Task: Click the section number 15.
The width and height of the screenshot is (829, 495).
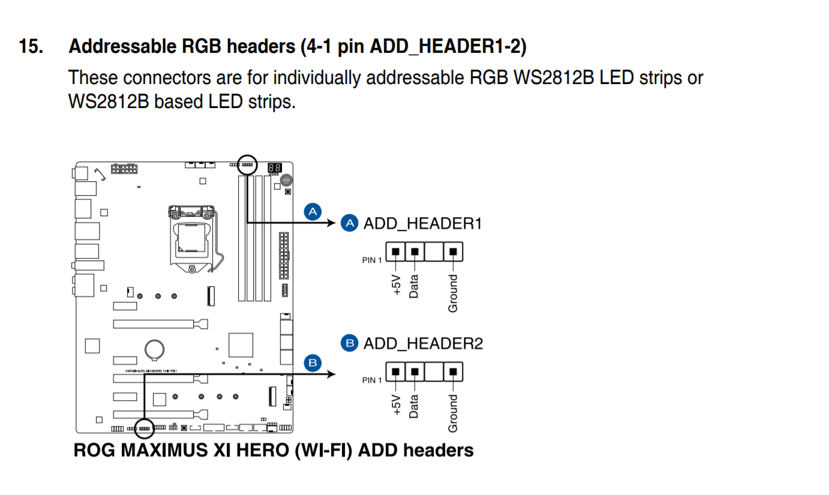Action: pos(31,47)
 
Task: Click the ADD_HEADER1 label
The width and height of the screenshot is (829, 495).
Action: pos(422,224)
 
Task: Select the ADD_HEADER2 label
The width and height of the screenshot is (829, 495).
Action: pos(423,344)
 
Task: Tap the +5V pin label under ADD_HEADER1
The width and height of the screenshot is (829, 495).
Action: pos(397,284)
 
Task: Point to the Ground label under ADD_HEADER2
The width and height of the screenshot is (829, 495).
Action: pos(453,413)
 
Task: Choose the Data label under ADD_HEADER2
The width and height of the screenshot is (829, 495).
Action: pos(414,406)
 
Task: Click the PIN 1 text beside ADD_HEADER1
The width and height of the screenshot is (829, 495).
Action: pos(371,260)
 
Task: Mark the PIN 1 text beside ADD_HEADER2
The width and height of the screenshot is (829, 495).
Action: pos(371,380)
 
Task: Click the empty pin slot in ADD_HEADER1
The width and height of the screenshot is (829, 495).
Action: pos(434,251)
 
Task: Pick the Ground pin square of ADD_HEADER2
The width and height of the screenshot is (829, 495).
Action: pos(453,371)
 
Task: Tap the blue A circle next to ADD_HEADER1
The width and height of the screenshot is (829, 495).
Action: pos(349,223)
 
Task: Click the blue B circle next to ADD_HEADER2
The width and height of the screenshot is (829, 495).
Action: pos(349,343)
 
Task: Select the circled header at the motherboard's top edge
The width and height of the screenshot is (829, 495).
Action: pos(247,163)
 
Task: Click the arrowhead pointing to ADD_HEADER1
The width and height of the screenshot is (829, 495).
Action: pos(329,223)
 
